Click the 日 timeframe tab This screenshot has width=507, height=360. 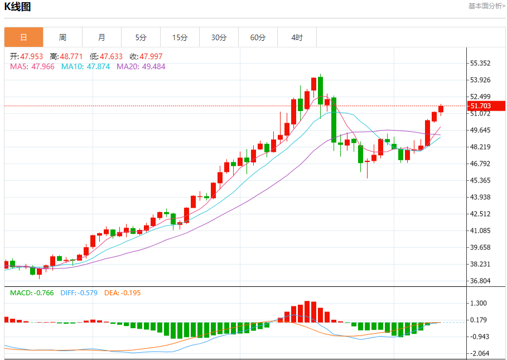click(23, 37)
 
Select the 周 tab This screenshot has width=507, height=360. click(62, 37)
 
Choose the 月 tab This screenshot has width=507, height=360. click(102, 37)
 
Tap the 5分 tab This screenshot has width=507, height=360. click(141, 37)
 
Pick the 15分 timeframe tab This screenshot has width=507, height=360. click(180, 37)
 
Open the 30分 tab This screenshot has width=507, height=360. click(219, 37)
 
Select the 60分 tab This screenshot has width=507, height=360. click(258, 37)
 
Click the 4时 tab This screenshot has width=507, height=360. click(297, 37)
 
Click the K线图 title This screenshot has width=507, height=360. click(18, 7)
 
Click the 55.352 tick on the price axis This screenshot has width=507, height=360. click(480, 63)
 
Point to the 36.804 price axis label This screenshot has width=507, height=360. click(480, 281)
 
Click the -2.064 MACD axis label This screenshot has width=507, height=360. click(480, 353)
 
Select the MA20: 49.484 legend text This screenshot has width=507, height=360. click(141, 66)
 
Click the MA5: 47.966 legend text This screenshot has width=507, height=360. click(32, 66)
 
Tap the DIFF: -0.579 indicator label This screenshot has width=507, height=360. click(79, 292)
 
